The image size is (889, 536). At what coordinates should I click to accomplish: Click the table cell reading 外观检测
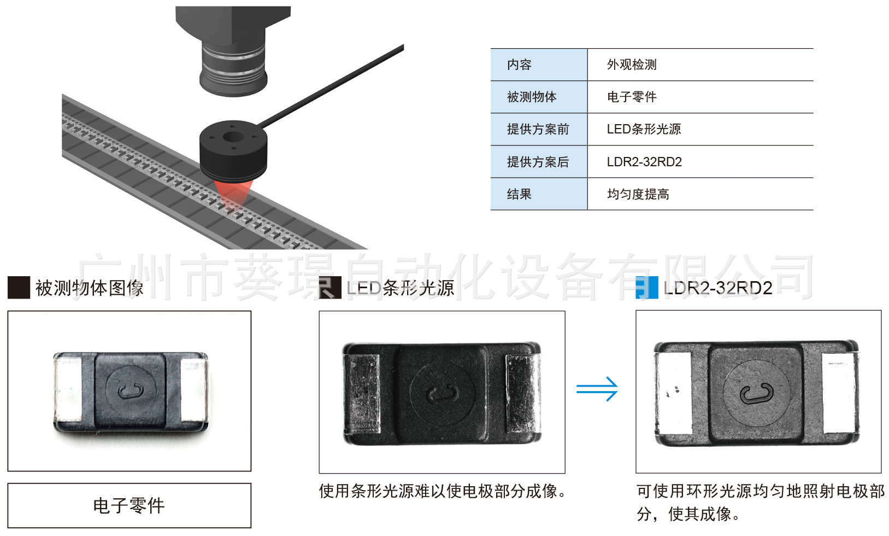(x=632, y=65)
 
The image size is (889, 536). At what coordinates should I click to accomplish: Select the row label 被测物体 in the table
(x=532, y=97)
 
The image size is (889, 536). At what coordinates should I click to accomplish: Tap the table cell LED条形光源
(x=644, y=129)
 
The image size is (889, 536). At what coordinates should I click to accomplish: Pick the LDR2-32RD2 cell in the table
(x=644, y=162)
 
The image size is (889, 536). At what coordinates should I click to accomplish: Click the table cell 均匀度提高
(x=638, y=194)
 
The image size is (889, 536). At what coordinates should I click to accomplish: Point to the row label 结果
(x=519, y=194)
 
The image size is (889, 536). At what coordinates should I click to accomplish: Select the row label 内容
(x=519, y=65)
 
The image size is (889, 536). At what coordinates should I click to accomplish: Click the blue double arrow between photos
(x=597, y=389)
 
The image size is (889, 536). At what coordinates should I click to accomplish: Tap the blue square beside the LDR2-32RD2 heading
(x=647, y=288)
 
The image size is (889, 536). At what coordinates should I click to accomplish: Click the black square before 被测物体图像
(x=19, y=288)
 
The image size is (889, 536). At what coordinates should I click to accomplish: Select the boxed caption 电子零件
(x=129, y=505)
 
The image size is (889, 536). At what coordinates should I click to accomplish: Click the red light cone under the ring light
(x=233, y=193)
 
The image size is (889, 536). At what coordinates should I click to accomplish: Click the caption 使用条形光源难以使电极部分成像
(x=443, y=491)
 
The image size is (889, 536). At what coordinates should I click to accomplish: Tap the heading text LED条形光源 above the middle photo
(x=401, y=288)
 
